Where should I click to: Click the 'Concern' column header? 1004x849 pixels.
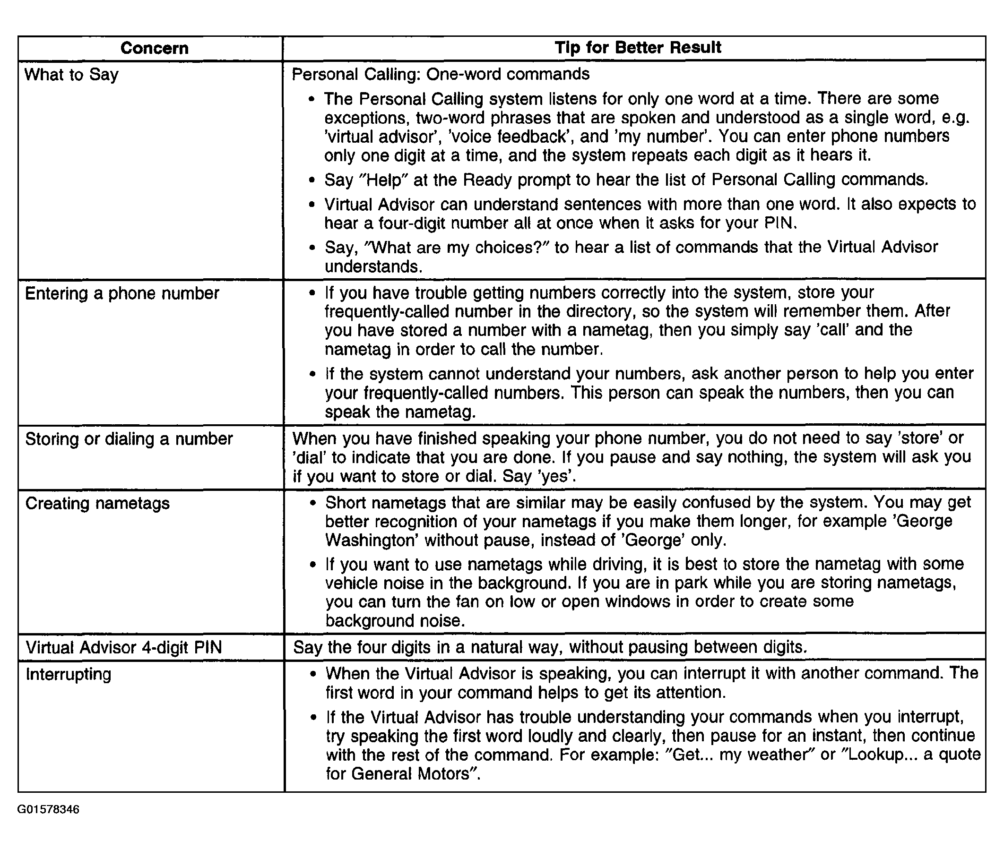pos(154,48)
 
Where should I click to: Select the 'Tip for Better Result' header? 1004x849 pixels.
pos(638,48)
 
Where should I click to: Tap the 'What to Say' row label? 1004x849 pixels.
pos(71,75)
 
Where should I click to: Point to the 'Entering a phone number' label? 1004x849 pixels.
pos(122,293)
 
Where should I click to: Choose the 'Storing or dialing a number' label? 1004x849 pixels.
pos(129,439)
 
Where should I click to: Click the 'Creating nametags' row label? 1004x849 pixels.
pos(97,504)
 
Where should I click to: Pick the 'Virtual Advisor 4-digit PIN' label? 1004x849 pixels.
pos(124,648)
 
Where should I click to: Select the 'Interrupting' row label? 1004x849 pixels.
pos(69,674)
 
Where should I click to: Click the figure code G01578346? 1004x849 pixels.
pos(48,809)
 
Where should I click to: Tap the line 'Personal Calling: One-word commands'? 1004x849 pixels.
pos(440,74)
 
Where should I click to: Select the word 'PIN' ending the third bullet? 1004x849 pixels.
pos(779,223)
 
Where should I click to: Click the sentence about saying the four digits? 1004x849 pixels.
pos(549,647)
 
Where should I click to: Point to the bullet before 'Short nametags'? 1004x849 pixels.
pos(313,504)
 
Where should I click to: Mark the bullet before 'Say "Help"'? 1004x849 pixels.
pos(312,180)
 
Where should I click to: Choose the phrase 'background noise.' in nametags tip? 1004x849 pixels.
pos(395,621)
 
